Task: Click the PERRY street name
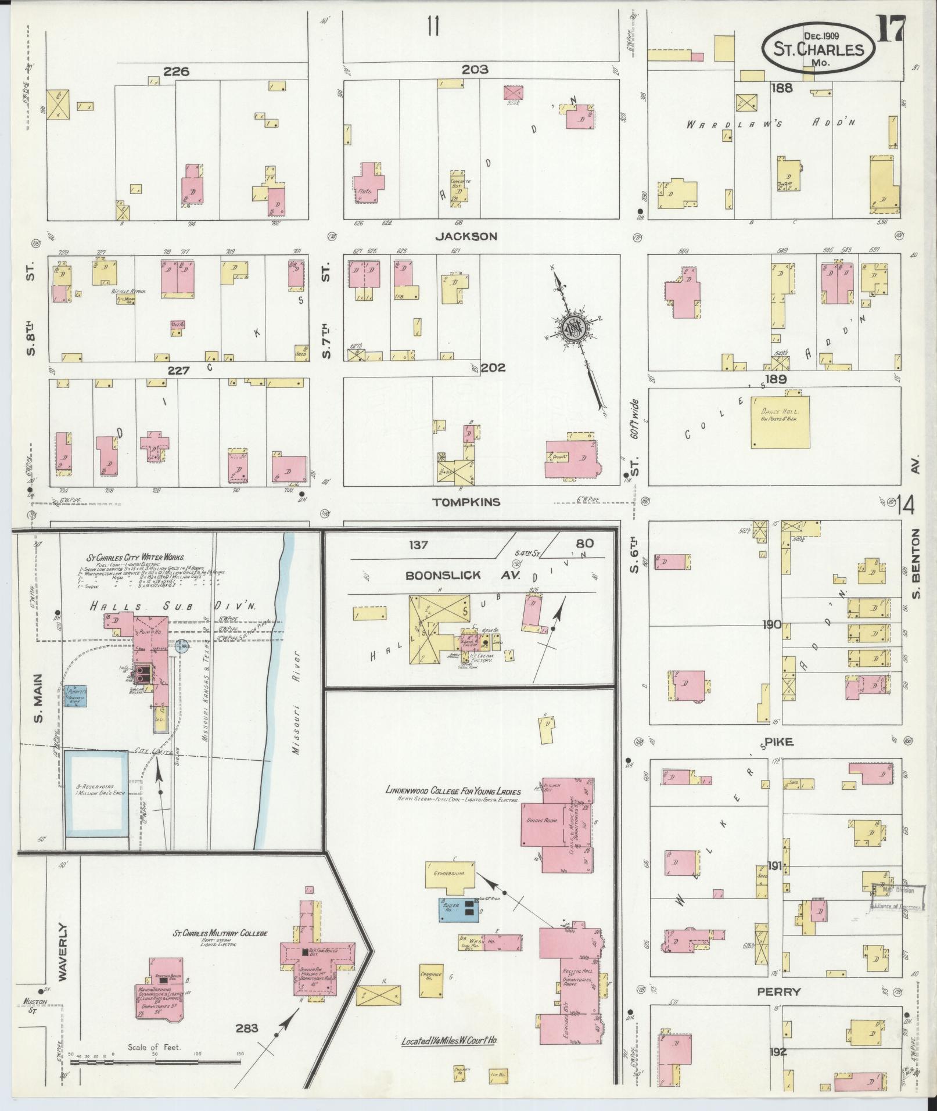(778, 991)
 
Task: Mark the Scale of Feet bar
(154, 1061)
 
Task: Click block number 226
(177, 72)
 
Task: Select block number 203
(475, 70)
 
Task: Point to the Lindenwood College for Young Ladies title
(453, 790)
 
